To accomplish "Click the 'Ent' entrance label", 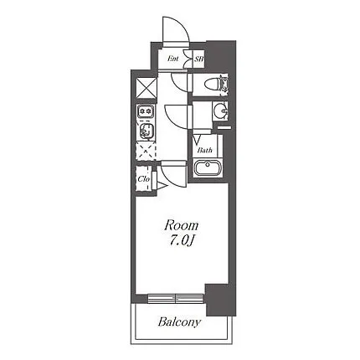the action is [172, 59].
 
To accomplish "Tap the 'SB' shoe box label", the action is [199, 59].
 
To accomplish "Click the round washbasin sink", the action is [220, 111].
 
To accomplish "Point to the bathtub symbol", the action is [208, 167].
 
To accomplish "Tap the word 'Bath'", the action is [204, 151].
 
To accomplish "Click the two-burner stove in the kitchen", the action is [145, 111].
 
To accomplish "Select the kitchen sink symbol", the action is [146, 130].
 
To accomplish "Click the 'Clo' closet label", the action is [144, 179].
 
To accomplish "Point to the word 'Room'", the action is [182, 225].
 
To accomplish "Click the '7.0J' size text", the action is [182, 240].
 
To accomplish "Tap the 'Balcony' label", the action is [179, 322].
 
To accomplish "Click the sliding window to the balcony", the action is [176, 298].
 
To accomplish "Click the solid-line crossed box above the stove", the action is [147, 88].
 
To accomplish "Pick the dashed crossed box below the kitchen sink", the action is [146, 151].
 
